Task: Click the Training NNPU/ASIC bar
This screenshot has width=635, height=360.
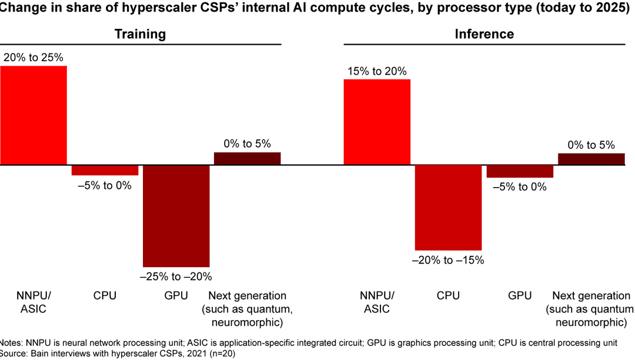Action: [x=34, y=115]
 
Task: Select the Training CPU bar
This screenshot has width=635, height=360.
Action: [x=105, y=170]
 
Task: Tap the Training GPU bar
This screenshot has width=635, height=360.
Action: [x=176, y=216]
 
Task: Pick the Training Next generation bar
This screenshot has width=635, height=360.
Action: [x=247, y=159]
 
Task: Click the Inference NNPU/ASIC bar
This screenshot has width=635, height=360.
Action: [x=377, y=122]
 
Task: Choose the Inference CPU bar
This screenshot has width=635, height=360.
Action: [x=448, y=208]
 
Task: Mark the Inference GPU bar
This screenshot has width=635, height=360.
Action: [x=520, y=171]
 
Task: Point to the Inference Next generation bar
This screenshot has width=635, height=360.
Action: [x=591, y=159]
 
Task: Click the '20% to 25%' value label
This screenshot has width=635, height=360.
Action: [x=34, y=58]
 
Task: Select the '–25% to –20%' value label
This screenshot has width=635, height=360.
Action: [x=176, y=276]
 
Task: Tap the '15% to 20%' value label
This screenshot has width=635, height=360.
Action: [x=377, y=71]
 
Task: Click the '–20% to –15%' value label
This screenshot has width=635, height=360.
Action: [x=448, y=260]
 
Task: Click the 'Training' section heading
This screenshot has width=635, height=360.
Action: [x=140, y=34]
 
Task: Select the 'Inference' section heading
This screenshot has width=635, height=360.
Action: [x=484, y=34]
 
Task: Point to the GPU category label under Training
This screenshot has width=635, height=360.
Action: [x=176, y=295]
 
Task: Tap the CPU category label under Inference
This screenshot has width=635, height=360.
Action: [x=448, y=295]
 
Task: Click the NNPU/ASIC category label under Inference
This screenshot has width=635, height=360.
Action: [x=377, y=302]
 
